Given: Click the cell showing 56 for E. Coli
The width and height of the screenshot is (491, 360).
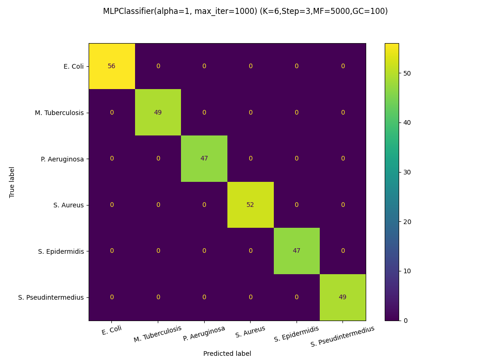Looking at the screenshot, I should [x=111, y=66].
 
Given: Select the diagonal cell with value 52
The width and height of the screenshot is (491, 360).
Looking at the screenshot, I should [x=250, y=205].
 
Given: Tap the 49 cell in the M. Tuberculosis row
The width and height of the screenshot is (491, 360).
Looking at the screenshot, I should [x=158, y=112].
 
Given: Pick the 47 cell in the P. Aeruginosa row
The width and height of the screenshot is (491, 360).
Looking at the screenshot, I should [x=204, y=158].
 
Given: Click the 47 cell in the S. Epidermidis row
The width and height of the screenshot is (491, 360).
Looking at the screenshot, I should [x=297, y=251].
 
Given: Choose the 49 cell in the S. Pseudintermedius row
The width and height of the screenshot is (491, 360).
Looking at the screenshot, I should [x=342, y=297].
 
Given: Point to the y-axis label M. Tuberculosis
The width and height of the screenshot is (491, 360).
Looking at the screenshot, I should [x=59, y=113].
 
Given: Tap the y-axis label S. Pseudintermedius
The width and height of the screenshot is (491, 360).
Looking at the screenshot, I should [x=51, y=297].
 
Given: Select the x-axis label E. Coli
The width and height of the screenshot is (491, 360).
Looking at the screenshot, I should [x=111, y=330].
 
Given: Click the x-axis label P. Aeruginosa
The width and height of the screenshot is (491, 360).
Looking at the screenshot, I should [x=204, y=334].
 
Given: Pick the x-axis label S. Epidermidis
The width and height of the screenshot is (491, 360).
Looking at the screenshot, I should [x=297, y=334].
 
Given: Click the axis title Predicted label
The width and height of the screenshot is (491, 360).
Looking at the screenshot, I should [x=227, y=354].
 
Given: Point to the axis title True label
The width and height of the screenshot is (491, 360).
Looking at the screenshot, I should [x=12, y=182].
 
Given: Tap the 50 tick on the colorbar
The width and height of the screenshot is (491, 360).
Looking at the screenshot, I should [x=407, y=73].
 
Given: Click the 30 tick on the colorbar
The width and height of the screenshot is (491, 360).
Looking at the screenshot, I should [x=407, y=172].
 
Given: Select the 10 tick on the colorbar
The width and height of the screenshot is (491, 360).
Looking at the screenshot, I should [x=407, y=271].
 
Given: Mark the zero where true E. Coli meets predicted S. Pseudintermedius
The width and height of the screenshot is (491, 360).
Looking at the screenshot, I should [x=342, y=66].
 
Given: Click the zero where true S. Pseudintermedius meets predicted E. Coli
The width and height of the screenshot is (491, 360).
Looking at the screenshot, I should [x=111, y=297].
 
